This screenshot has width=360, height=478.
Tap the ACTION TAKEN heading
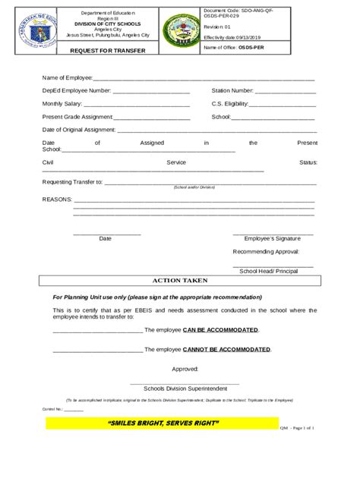click(180, 280)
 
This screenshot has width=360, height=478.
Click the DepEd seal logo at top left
click(35, 32)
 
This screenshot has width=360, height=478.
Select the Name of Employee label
click(67, 78)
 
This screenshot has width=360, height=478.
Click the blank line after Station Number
click(286, 91)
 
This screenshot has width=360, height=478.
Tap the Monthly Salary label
click(62, 103)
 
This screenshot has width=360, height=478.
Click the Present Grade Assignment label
click(77, 117)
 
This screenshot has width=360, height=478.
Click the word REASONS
click(57, 199)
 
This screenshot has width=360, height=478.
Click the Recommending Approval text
click(266, 251)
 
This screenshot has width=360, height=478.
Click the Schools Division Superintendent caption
click(180, 386)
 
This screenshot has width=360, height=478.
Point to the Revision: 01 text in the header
click(217, 25)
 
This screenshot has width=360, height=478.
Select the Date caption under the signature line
click(106, 238)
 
